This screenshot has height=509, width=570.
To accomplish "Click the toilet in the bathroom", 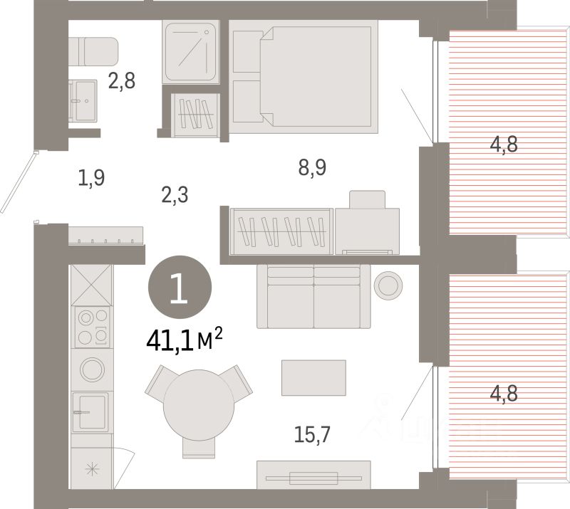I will tap(93, 51).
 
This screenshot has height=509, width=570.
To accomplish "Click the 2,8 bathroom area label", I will tap(121, 81).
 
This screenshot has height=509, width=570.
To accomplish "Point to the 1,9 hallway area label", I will tap(91, 177).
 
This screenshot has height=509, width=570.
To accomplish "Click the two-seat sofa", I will tap(313, 295).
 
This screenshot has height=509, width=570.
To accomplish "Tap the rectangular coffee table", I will tap(313, 377).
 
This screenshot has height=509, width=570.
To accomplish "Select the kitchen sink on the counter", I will tap(90, 411).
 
